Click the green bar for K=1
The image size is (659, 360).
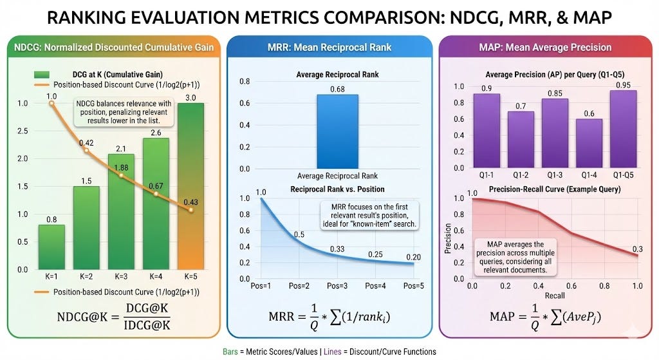click(x=51, y=247)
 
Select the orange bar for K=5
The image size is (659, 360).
click(x=190, y=186)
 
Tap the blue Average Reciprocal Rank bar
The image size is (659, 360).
click(x=337, y=131)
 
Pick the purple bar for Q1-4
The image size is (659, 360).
click(x=589, y=144)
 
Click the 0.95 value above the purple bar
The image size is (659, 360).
click(x=623, y=85)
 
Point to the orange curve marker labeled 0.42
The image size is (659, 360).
click(x=87, y=150)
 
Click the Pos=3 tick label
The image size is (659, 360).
click(x=337, y=286)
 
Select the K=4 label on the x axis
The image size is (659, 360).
click(x=156, y=277)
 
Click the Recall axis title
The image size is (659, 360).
click(x=555, y=296)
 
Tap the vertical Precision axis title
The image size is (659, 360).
click(x=448, y=238)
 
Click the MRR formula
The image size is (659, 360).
click(x=329, y=317)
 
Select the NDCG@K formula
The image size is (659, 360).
click(x=114, y=317)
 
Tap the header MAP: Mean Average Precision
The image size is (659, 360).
click(x=545, y=48)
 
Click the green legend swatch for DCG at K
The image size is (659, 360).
click(x=42, y=75)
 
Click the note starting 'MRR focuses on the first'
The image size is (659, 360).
click(x=369, y=215)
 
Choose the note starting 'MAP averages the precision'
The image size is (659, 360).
click(x=515, y=257)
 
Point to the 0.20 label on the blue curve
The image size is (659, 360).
click(x=414, y=257)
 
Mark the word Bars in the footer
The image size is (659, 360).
click(x=230, y=352)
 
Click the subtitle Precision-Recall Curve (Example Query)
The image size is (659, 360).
click(x=555, y=189)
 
